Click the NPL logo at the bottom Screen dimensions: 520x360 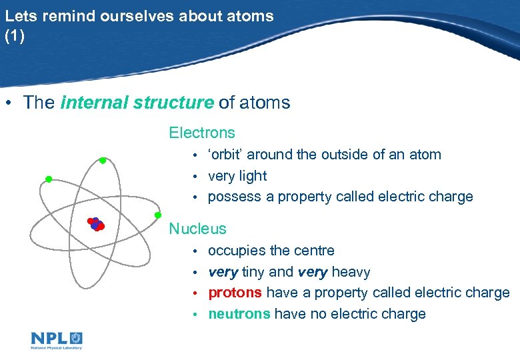pyautogui.click(x=57, y=340)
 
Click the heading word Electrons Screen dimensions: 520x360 pyautogui.click(x=202, y=133)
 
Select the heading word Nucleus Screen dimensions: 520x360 pyautogui.click(x=197, y=229)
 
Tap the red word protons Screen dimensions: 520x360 pyautogui.click(x=235, y=293)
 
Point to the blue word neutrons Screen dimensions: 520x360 pyautogui.click(x=239, y=314)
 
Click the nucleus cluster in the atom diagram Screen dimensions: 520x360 pyautogui.click(x=96, y=225)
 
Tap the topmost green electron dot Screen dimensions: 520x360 pyautogui.click(x=103, y=161)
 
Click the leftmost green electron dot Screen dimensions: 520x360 pyautogui.click(x=49, y=179)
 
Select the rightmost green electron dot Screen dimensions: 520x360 pyautogui.click(x=158, y=215)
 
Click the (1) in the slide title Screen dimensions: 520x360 pyautogui.click(x=14, y=37)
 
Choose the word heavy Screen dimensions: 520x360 pyautogui.click(x=351, y=272)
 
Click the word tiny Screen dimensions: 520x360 pyautogui.click(x=253, y=272)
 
